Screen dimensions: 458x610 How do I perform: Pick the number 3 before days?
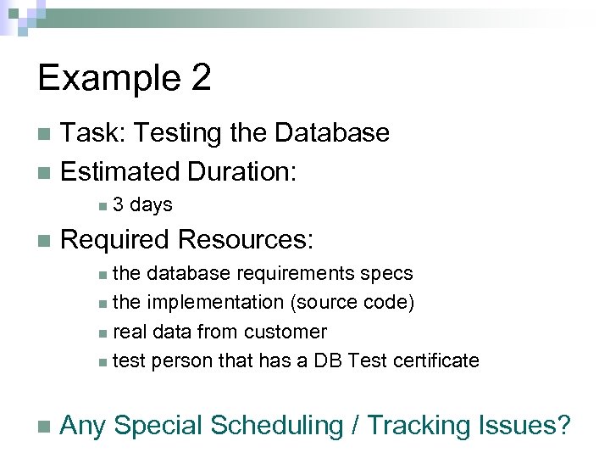(118, 205)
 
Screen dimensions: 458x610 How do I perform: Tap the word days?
(152, 205)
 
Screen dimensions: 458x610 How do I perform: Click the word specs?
(386, 274)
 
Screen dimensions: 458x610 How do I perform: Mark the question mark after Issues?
(563, 425)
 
